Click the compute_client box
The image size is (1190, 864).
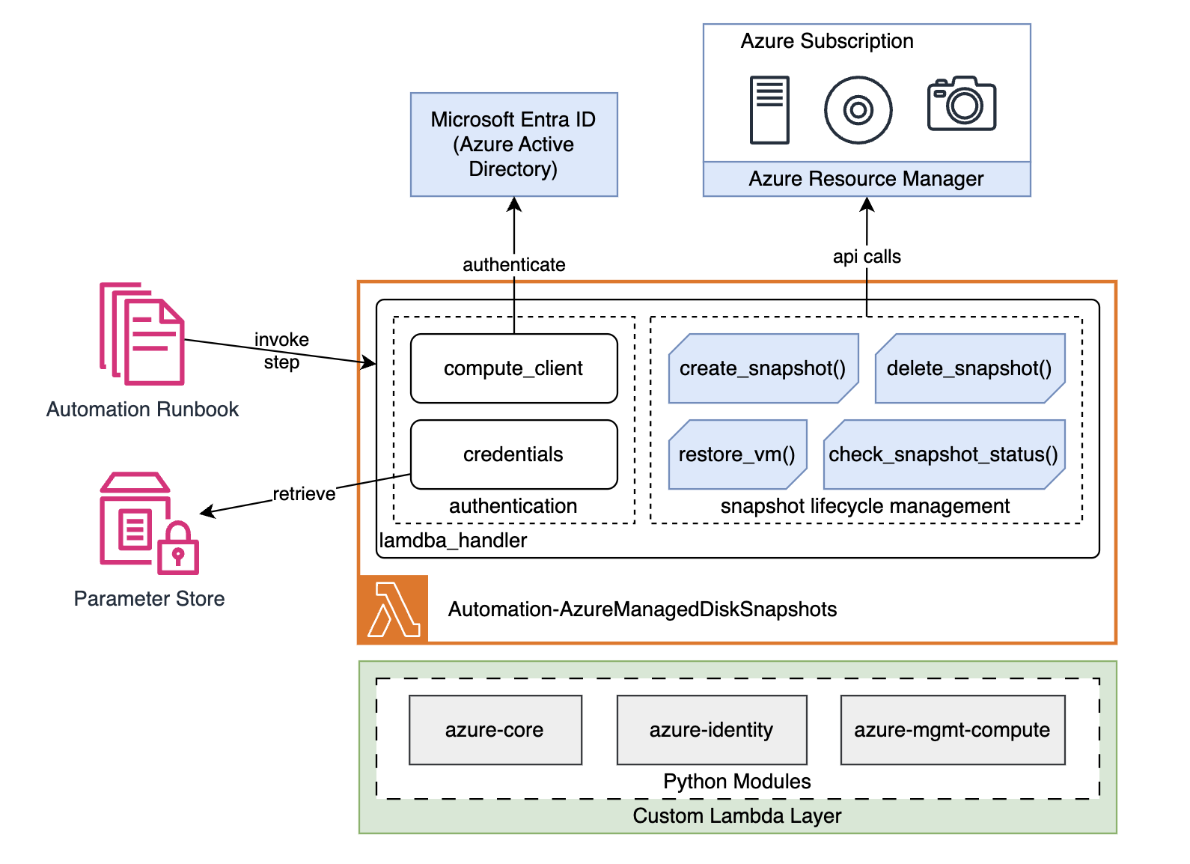click(513, 368)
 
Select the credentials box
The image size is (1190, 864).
click(513, 454)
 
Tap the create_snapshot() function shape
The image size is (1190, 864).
click(763, 368)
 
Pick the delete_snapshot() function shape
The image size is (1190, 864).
click(969, 368)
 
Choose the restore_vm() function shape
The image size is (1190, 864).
click(737, 454)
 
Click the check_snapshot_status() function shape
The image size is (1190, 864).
click(943, 454)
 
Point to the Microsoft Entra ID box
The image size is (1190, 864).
click(513, 144)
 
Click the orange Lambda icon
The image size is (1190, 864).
click(394, 609)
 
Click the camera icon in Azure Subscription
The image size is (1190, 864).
click(961, 104)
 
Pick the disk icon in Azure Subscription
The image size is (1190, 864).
click(858, 110)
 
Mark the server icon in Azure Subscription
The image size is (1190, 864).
click(769, 109)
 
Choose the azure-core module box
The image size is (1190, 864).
click(495, 730)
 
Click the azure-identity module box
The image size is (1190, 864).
click(711, 730)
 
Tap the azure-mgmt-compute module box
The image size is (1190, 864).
click(952, 730)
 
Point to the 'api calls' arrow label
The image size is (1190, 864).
click(867, 257)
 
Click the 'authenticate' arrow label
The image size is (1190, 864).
click(513, 265)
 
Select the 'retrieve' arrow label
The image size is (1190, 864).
click(304, 494)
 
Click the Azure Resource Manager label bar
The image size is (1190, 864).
click(866, 179)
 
